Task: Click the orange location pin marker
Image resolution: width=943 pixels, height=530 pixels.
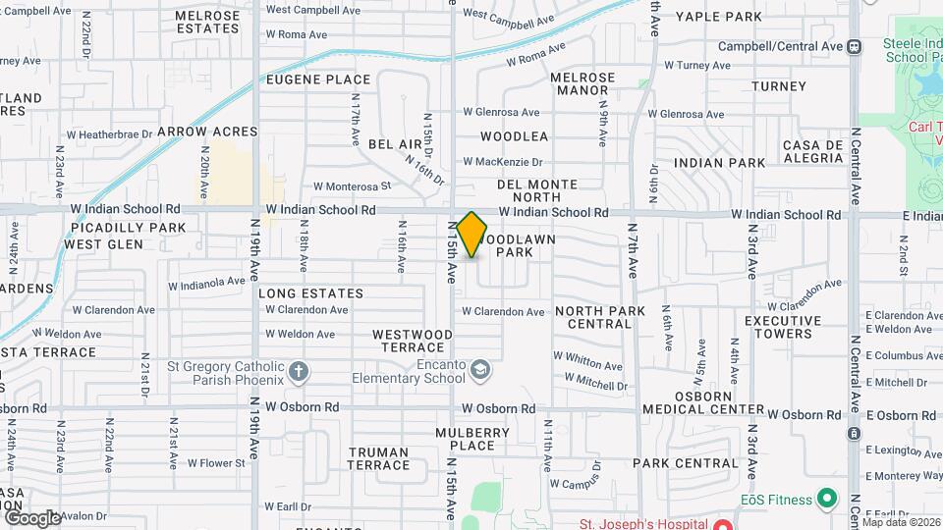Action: (471, 234)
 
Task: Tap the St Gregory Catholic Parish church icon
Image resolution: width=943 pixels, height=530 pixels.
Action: (300, 372)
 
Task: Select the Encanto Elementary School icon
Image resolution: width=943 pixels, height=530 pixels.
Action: (479, 370)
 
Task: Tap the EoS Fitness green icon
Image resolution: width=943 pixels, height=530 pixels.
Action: (827, 500)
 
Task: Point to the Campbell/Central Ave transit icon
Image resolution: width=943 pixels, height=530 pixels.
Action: (856, 46)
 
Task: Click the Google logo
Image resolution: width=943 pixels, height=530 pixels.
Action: (31, 517)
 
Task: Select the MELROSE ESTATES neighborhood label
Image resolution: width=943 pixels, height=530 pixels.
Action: (207, 23)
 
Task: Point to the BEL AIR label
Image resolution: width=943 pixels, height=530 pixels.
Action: (395, 144)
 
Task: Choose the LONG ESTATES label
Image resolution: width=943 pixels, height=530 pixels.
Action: (310, 293)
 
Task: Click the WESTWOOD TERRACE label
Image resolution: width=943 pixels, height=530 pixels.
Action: (413, 341)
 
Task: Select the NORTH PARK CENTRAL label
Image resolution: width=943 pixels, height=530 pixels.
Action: (600, 317)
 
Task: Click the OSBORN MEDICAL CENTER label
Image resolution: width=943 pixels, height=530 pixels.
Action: (703, 402)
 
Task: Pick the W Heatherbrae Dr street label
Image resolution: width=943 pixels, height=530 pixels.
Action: (109, 133)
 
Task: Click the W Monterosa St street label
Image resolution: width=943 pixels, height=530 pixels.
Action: (352, 185)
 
